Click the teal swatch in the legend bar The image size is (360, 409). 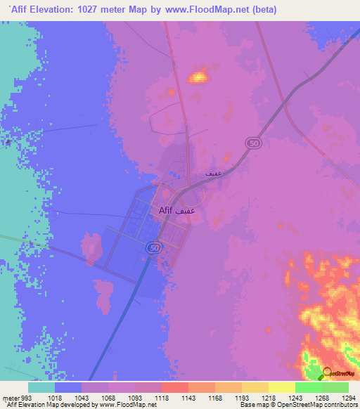point(41,387)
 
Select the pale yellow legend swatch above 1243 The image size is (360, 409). point(281,387)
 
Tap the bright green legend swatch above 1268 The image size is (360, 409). point(308,387)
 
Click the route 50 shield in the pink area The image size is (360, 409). point(252,143)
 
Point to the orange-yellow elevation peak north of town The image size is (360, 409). point(199,77)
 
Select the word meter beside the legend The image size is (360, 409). point(9,398)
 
